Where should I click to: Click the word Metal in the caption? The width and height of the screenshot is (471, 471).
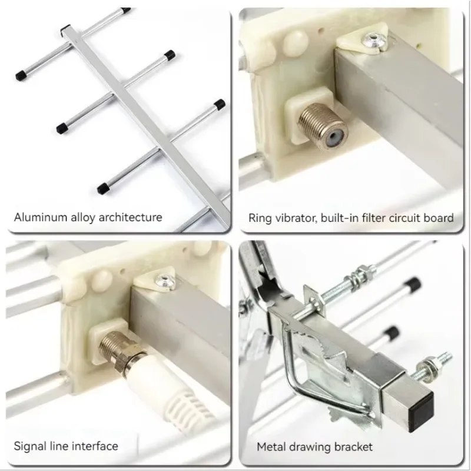271,447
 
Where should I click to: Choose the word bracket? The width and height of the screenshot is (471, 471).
353,447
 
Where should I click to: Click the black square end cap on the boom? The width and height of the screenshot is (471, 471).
422,404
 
